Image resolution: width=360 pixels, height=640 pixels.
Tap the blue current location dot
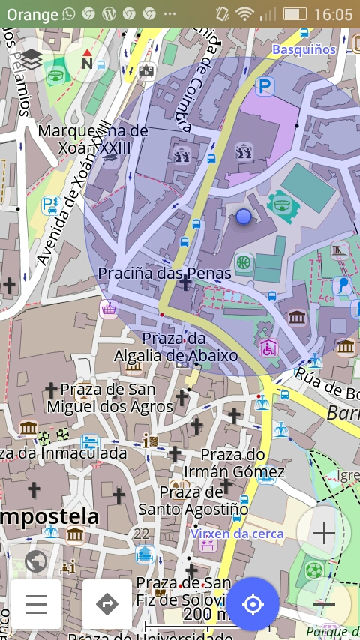coord(243,217)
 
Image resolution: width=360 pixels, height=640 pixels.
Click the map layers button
coord(31,60)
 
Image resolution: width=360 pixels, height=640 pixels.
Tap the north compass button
coord(87,60)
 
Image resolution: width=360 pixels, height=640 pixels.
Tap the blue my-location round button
coord(253,603)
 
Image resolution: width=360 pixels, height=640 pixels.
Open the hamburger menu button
coord(36,603)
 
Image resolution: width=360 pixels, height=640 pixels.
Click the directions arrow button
coord(107,603)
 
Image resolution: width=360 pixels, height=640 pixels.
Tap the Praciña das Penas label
coord(165,274)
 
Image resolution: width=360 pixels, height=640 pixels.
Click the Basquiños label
coord(304,49)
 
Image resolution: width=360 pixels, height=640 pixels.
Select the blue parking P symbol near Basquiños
coord(264,88)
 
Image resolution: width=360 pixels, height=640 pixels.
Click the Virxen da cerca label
coord(237,534)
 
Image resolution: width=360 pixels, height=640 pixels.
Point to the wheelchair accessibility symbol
coord(268,348)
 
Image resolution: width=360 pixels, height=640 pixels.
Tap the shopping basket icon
coord(109,309)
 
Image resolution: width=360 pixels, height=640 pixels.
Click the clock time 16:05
coord(333,14)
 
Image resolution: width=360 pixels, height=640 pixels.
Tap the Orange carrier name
coord(32,14)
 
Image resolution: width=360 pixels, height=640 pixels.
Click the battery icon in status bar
coord(295,14)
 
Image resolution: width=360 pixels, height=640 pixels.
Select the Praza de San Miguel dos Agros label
coord(109,398)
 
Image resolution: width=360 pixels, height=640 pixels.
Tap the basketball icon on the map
coord(243,262)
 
